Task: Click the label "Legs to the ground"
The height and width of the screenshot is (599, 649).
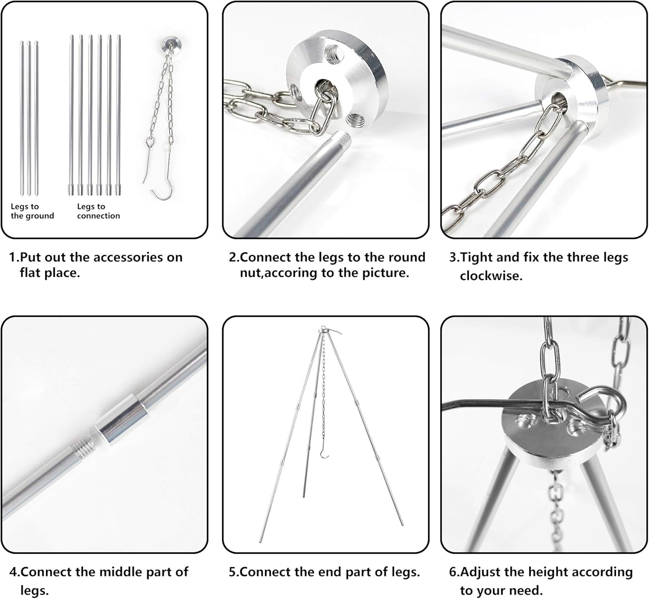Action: pos(32,211)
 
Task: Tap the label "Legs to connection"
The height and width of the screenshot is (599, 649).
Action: pos(98,211)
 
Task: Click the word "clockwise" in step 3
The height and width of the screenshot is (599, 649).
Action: pos(491,276)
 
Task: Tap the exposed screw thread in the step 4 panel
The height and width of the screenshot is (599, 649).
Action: pos(84,447)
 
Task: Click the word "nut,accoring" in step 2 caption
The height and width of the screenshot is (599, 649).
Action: pos(279,273)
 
